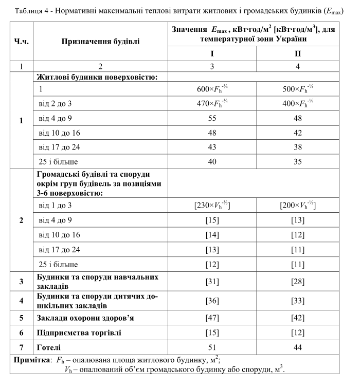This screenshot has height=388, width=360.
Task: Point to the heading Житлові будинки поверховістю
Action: [x=95, y=77]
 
